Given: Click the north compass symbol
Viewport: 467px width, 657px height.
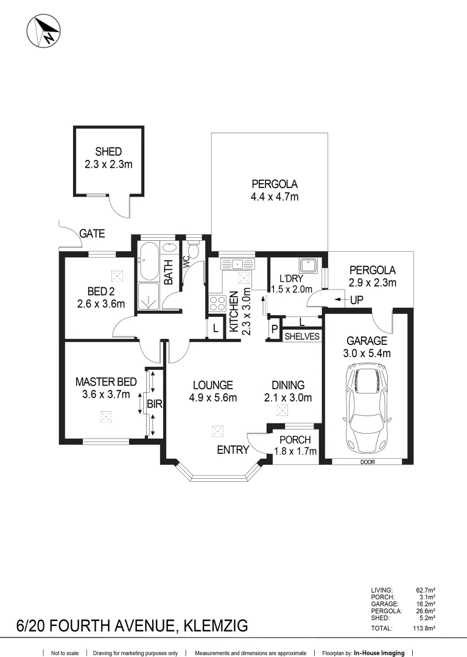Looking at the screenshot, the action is click(44, 31).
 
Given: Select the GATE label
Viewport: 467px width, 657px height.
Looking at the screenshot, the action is click(92, 234).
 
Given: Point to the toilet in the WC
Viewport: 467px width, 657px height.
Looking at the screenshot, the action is click(193, 249).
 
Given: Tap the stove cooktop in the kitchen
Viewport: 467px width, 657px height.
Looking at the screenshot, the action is click(217, 303).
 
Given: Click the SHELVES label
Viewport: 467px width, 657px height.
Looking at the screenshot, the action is click(302, 336).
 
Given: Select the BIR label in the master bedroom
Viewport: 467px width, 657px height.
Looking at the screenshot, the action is click(154, 405).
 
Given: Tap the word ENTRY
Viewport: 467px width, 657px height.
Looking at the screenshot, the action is click(233, 450).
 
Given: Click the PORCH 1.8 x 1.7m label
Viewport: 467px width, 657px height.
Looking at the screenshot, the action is click(295, 445).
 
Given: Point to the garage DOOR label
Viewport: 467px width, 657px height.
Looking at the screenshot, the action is click(368, 462).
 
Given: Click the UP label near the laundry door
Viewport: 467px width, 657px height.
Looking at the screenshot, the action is click(357, 300).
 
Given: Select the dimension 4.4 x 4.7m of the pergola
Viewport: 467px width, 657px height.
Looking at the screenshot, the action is click(275, 196).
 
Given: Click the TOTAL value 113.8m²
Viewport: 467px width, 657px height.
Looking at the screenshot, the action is click(424, 628).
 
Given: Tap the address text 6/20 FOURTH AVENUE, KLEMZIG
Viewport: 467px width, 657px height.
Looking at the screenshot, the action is click(132, 625).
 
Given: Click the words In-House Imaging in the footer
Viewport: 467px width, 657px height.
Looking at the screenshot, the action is click(379, 653).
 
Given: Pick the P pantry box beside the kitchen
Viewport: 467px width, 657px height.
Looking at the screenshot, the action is click(275, 329).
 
